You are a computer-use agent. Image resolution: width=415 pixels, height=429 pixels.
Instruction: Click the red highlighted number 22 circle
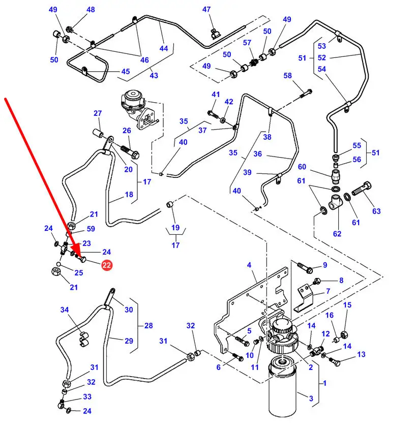[107, 265]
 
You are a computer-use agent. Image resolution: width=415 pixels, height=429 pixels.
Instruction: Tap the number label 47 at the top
[206, 10]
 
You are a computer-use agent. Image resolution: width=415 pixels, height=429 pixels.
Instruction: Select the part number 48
[91, 10]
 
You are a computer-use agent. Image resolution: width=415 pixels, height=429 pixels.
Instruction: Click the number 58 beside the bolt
[288, 76]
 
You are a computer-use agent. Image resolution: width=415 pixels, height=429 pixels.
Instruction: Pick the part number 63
[376, 211]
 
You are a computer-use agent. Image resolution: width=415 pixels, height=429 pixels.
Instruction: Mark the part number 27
[98, 113]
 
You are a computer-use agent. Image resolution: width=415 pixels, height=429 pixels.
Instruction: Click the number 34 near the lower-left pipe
[64, 310]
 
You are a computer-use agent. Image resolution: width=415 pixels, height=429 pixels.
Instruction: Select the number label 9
[324, 265]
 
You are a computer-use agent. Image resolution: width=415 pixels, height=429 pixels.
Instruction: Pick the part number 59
[91, 229]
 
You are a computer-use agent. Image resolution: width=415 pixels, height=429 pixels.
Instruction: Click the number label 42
[229, 102]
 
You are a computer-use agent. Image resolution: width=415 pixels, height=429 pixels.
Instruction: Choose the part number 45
[126, 72]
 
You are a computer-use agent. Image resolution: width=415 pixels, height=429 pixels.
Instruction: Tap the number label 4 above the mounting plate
[249, 265]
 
